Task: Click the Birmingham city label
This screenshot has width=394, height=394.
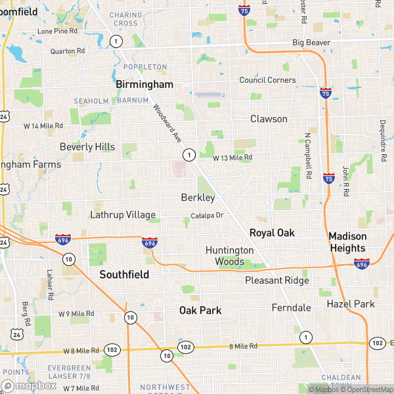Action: pyautogui.click(x=144, y=85)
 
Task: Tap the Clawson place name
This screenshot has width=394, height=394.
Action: pyautogui.click(x=269, y=119)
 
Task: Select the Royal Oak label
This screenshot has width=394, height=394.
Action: pyautogui.click(x=272, y=233)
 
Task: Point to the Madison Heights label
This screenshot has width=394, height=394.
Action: pyautogui.click(x=347, y=242)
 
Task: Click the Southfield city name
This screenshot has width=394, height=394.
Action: pyautogui.click(x=124, y=274)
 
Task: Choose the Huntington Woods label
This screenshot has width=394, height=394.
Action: pyautogui.click(x=229, y=256)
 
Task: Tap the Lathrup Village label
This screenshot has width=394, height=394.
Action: pyautogui.click(x=123, y=215)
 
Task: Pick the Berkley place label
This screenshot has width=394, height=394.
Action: pyautogui.click(x=198, y=198)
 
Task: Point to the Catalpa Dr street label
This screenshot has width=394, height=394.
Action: pyautogui.click(x=208, y=215)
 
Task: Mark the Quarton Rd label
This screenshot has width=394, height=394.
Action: pyautogui.click(x=68, y=51)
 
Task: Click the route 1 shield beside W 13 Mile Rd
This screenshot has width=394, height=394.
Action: pyautogui.click(x=189, y=155)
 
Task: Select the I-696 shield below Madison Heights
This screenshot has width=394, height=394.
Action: pyautogui.click(x=361, y=263)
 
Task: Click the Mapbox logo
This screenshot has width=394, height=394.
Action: pyautogui.click(x=30, y=385)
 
